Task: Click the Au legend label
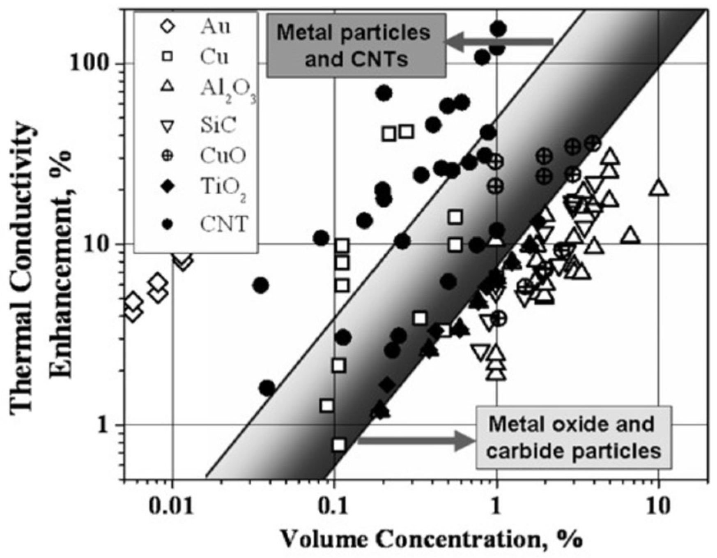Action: pos(215,27)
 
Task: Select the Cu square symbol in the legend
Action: pos(168,57)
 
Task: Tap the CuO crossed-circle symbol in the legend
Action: pos(168,156)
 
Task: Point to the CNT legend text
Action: pos(224,224)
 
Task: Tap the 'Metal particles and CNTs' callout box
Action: pos(356,46)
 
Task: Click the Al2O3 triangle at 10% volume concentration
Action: pos(659,188)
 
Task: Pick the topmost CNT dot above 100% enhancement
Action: pos(498,29)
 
